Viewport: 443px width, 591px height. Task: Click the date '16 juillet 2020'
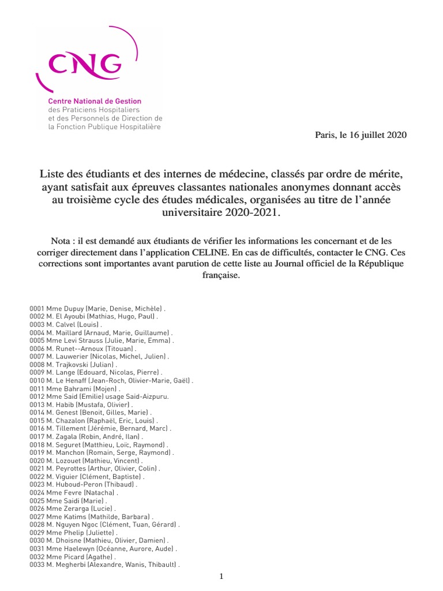[x=378, y=135]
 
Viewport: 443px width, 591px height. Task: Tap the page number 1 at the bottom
[x=221, y=576]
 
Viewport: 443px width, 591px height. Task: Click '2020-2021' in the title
[x=253, y=213]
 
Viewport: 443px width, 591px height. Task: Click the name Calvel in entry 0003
[x=67, y=325]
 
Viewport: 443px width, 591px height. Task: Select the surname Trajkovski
[x=75, y=365]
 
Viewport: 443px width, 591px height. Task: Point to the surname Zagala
[x=66, y=437]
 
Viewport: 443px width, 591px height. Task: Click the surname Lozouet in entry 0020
[x=69, y=461]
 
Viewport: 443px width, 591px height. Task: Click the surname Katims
[x=72, y=517]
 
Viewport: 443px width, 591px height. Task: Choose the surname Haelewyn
[x=76, y=548]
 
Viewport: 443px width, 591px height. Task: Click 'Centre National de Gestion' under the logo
[x=95, y=101]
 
